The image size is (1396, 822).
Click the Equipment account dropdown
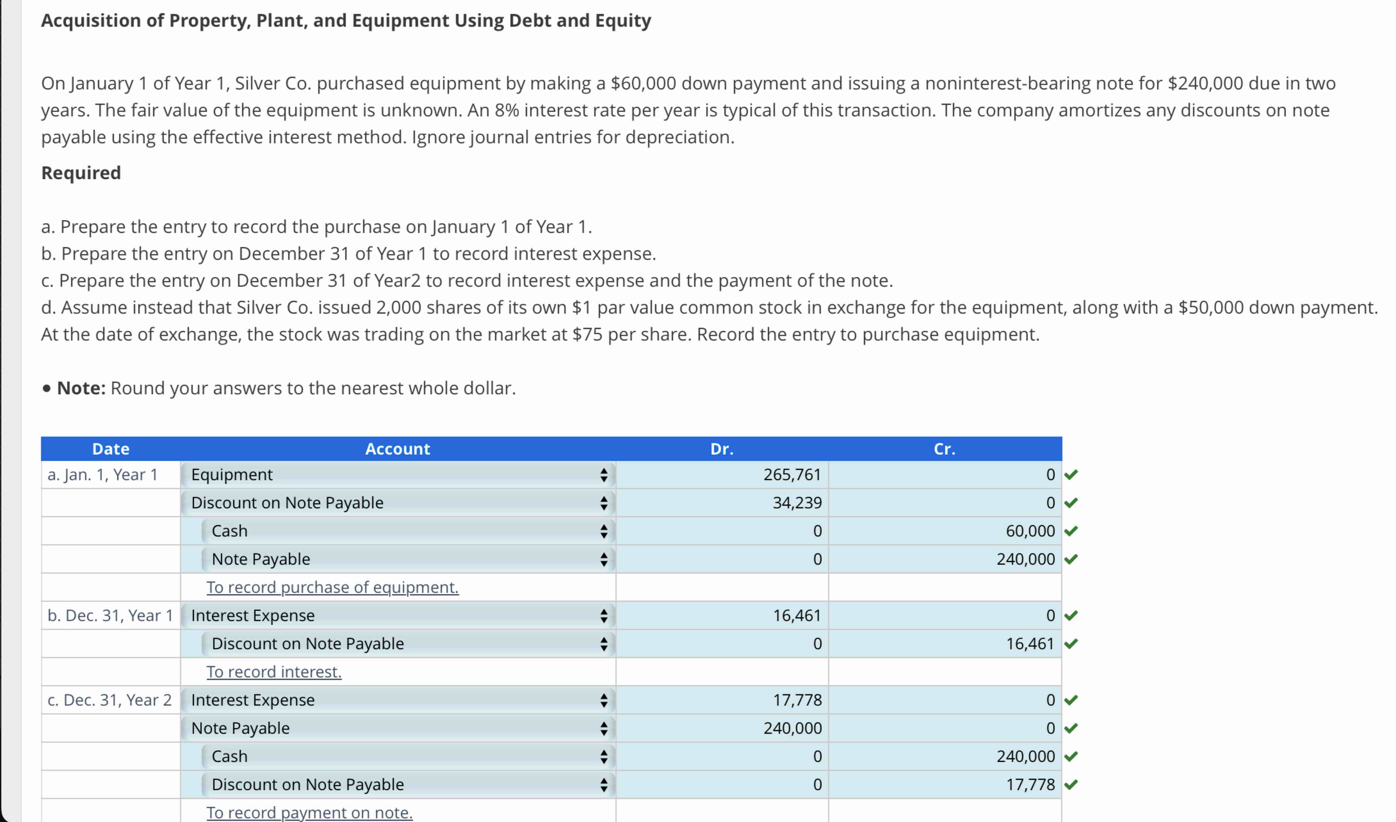[397, 475]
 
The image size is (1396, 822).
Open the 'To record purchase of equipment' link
[332, 587]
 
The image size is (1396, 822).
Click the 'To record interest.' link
[274, 672]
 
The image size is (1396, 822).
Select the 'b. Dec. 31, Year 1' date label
[110, 615]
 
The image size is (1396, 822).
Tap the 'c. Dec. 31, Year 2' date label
[110, 700]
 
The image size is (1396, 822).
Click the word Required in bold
[81, 173]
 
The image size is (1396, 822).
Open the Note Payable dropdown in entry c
[397, 728]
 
